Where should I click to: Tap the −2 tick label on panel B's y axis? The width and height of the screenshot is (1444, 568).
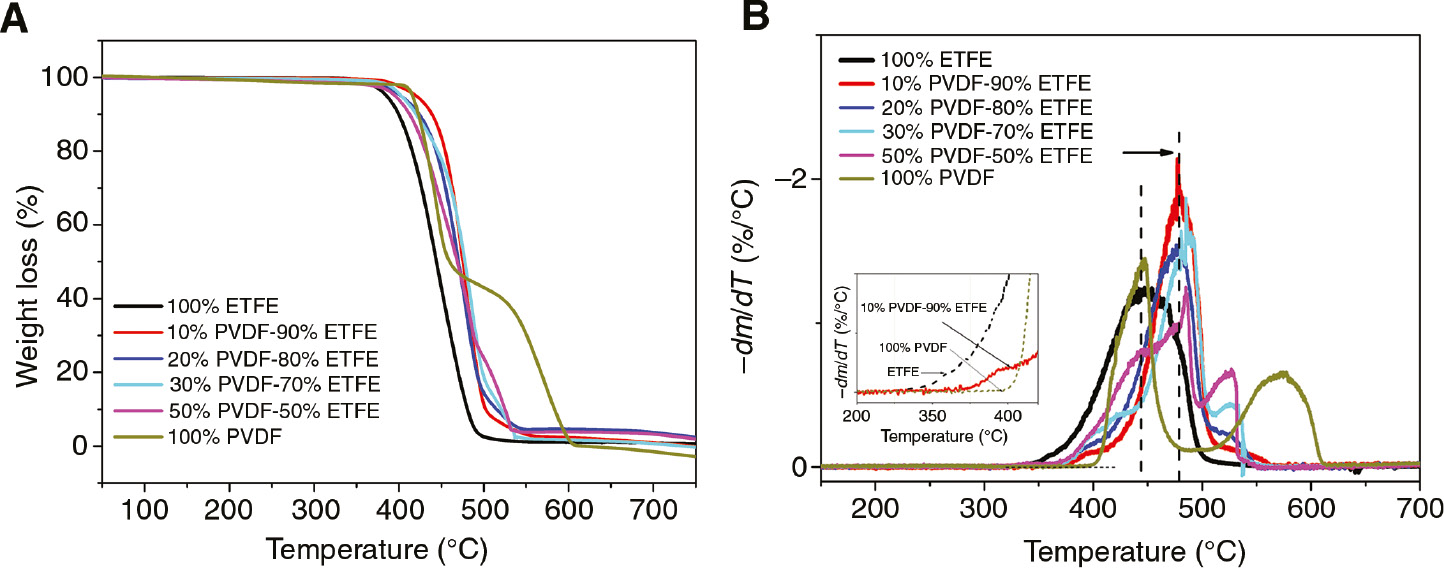[x=793, y=178]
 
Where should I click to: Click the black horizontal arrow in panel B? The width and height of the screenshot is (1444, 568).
[x=1148, y=153]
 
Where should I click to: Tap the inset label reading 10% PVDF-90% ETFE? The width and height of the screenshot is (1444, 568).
[x=924, y=308]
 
